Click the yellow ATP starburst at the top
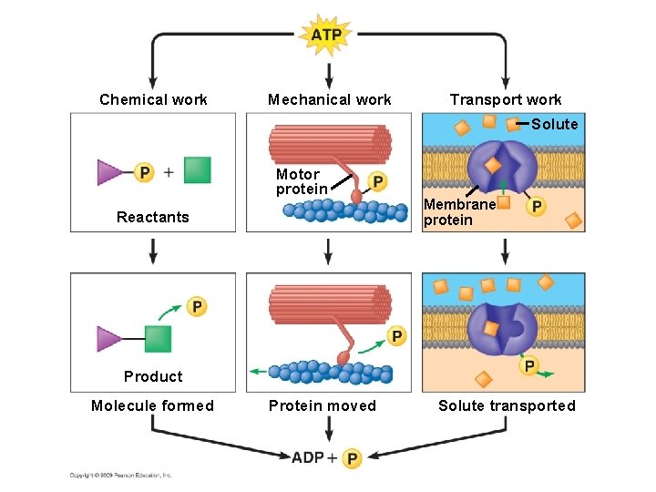click(326, 36)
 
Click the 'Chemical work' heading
click(153, 99)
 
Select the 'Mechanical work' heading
click(329, 99)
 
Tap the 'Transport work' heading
click(506, 99)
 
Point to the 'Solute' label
click(554, 124)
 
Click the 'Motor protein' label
click(301, 181)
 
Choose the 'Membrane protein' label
click(459, 212)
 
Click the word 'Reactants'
click(153, 217)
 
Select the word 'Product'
click(153, 376)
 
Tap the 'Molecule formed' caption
click(152, 405)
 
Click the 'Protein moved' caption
click(322, 405)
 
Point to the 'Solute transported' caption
click(507, 405)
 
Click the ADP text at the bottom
click(308, 456)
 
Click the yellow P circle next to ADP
click(352, 457)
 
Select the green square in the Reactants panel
click(197, 170)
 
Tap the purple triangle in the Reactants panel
click(109, 171)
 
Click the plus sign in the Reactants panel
click(169, 171)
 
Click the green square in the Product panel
click(158, 339)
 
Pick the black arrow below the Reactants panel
click(153, 249)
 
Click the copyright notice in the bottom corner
click(120, 475)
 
